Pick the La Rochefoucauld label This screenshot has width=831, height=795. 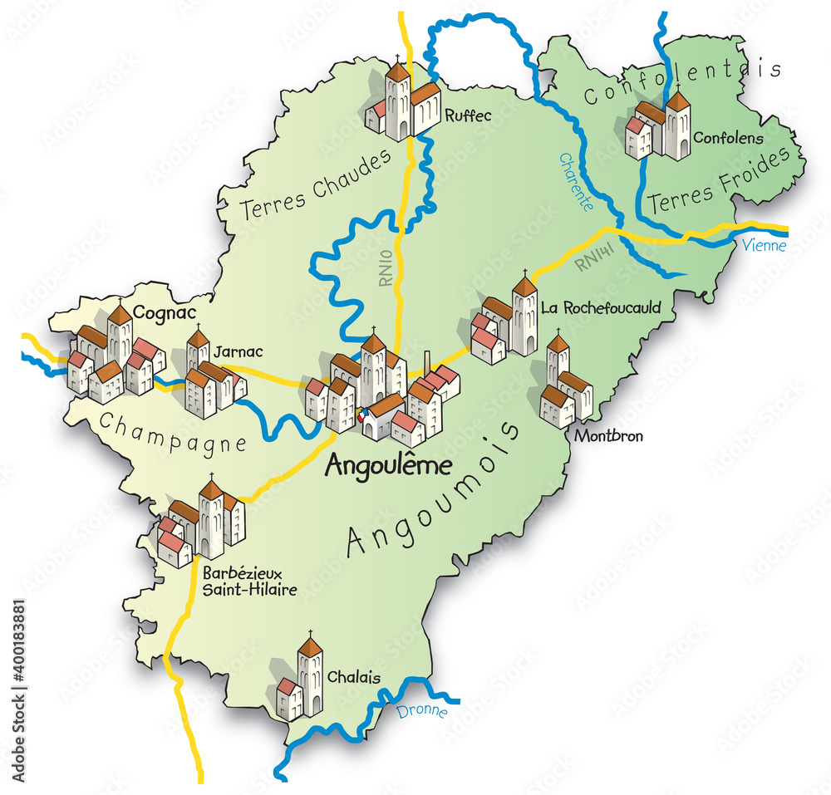pyautogui.click(x=601, y=307)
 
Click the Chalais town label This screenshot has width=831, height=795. pyautogui.click(x=354, y=677)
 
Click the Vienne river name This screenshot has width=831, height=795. pyautogui.click(x=763, y=246)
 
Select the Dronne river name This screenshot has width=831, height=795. pyautogui.click(x=421, y=711)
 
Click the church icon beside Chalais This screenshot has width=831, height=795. pyautogui.click(x=300, y=677)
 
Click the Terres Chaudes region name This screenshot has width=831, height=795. pyautogui.click(x=316, y=184)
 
